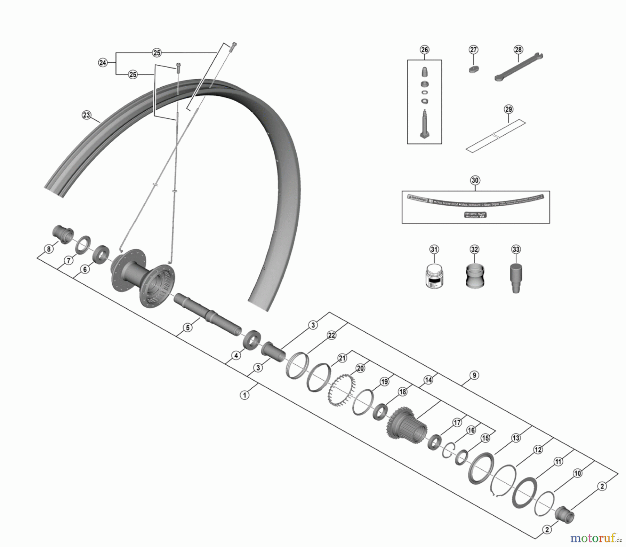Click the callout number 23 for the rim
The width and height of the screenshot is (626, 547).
pos(86,115)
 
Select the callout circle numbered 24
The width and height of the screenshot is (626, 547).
pos(103,63)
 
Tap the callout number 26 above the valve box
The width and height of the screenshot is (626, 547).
pos(425,50)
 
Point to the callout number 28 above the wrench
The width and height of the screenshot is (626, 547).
pos(518,50)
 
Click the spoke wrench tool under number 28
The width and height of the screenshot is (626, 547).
pos(519,67)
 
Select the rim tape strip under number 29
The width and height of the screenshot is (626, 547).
pos(496,136)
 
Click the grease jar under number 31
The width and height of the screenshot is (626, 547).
pos(434,275)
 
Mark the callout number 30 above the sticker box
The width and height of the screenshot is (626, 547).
pos(475,180)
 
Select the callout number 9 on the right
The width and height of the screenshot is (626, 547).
pos(474,375)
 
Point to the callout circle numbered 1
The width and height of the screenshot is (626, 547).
pos(245,395)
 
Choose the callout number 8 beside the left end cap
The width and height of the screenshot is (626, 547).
pos(49,249)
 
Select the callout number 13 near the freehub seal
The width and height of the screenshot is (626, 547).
pos(516,438)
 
